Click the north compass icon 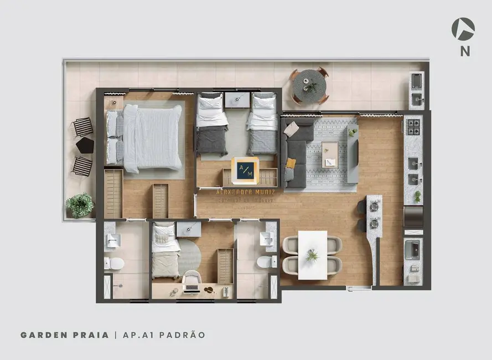point(463,29)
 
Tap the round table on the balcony point(309,86)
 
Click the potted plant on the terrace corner point(80,205)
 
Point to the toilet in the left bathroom point(115,263)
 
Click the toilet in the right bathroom point(267,261)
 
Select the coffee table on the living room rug point(330,150)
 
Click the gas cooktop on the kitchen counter point(413,127)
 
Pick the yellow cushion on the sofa point(291,163)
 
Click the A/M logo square point(245,171)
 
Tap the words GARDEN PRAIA point(64,335)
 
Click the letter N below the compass point(465,52)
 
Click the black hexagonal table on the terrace point(85,146)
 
